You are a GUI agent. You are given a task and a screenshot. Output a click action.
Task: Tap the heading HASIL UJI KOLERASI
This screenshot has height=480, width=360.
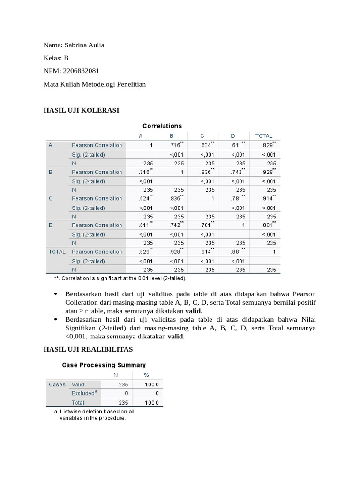[81, 110]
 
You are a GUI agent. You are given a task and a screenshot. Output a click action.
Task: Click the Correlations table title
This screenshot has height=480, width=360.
[162, 126]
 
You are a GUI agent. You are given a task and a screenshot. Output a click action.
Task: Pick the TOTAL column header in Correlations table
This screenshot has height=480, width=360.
[263, 136]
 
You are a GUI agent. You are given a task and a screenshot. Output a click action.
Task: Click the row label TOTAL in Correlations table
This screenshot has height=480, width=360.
[57, 252]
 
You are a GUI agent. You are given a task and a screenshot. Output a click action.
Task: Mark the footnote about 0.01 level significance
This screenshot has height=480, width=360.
[120, 278]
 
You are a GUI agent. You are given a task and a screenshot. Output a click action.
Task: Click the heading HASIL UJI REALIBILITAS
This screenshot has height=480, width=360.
[88, 349]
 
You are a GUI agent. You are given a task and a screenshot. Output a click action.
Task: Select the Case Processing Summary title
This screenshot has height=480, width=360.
[104, 365]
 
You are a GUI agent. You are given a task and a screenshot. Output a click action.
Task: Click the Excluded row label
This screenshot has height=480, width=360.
[84, 393]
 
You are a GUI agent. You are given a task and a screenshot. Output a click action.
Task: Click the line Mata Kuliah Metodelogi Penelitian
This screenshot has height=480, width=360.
[95, 84]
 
